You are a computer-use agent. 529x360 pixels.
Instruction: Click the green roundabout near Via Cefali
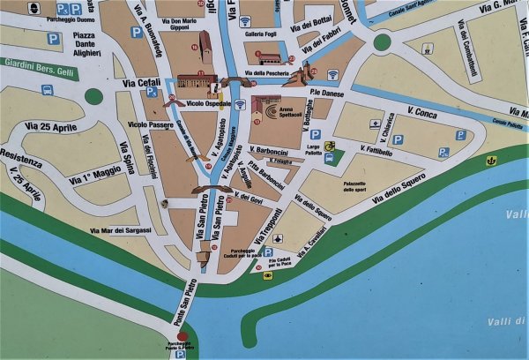(93, 95)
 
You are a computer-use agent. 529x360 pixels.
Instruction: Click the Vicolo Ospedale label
(208, 103)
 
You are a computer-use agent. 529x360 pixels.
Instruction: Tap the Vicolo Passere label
(149, 124)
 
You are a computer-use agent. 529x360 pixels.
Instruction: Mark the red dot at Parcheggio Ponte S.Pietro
(182, 336)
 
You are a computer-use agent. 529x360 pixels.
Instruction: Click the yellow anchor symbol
(491, 161)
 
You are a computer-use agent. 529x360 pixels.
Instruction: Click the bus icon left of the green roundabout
(47, 90)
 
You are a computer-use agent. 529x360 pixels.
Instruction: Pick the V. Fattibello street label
(376, 152)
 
